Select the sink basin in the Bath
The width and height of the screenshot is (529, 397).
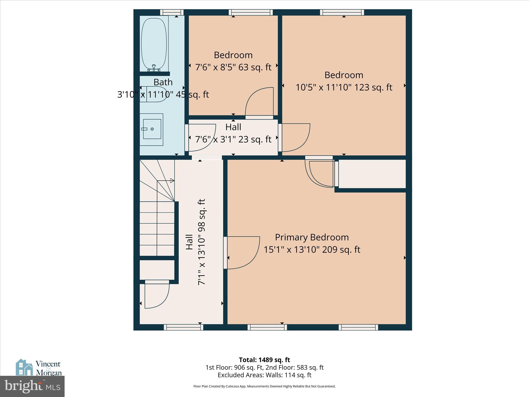[152, 129]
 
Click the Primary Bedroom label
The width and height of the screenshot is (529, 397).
[312, 237]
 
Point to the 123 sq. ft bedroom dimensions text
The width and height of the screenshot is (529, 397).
[344, 87]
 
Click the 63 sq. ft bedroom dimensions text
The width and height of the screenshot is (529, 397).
[233, 67]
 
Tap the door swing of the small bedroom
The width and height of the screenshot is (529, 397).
[259, 102]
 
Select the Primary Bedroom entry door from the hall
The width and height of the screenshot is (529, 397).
[241, 253]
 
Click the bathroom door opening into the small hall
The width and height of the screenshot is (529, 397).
[200, 138]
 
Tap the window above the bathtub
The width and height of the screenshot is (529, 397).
[172, 12]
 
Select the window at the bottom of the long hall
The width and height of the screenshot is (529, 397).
[183, 327]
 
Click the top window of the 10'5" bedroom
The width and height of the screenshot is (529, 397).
[342, 12]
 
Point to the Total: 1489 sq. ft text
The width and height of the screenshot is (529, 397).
[264, 360]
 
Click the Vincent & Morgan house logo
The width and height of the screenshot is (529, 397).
[25, 367]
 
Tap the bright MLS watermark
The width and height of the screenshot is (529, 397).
[32, 386]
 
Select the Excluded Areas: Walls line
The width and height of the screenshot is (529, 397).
[264, 375]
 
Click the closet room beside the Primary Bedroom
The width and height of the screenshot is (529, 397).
[372, 174]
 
